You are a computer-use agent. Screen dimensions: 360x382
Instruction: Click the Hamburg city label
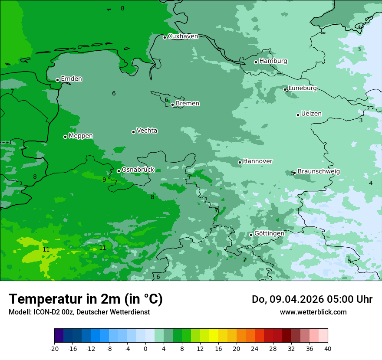[x=273, y=61]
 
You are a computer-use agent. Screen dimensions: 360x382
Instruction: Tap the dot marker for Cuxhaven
[x=165, y=37]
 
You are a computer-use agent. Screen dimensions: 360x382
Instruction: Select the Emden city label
[x=71, y=79]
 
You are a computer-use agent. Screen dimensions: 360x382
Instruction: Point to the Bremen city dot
[x=172, y=105]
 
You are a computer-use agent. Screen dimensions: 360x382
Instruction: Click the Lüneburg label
[x=303, y=88]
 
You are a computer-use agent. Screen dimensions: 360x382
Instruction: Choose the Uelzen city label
[x=311, y=114]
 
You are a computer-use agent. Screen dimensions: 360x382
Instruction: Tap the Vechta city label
[x=147, y=131]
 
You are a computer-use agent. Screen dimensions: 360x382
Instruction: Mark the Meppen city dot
[x=65, y=137]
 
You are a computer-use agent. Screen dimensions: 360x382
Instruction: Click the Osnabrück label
[x=138, y=170]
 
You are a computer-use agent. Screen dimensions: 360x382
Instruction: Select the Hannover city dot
[x=240, y=163]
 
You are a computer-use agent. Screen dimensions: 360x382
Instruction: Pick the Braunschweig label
[x=319, y=172]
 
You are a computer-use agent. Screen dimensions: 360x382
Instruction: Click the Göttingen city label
[x=269, y=234]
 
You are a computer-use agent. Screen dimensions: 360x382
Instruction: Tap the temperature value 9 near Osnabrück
[x=104, y=180]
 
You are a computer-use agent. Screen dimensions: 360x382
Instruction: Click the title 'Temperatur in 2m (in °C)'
[x=86, y=299]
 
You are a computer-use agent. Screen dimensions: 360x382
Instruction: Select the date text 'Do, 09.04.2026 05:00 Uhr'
[x=312, y=299]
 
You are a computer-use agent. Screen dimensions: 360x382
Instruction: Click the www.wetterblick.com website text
[x=313, y=312]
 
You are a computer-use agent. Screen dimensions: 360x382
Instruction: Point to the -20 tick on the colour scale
[x=54, y=348]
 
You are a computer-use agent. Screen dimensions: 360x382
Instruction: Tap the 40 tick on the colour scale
[x=327, y=348]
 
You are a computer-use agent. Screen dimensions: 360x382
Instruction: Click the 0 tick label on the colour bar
[x=145, y=348]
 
